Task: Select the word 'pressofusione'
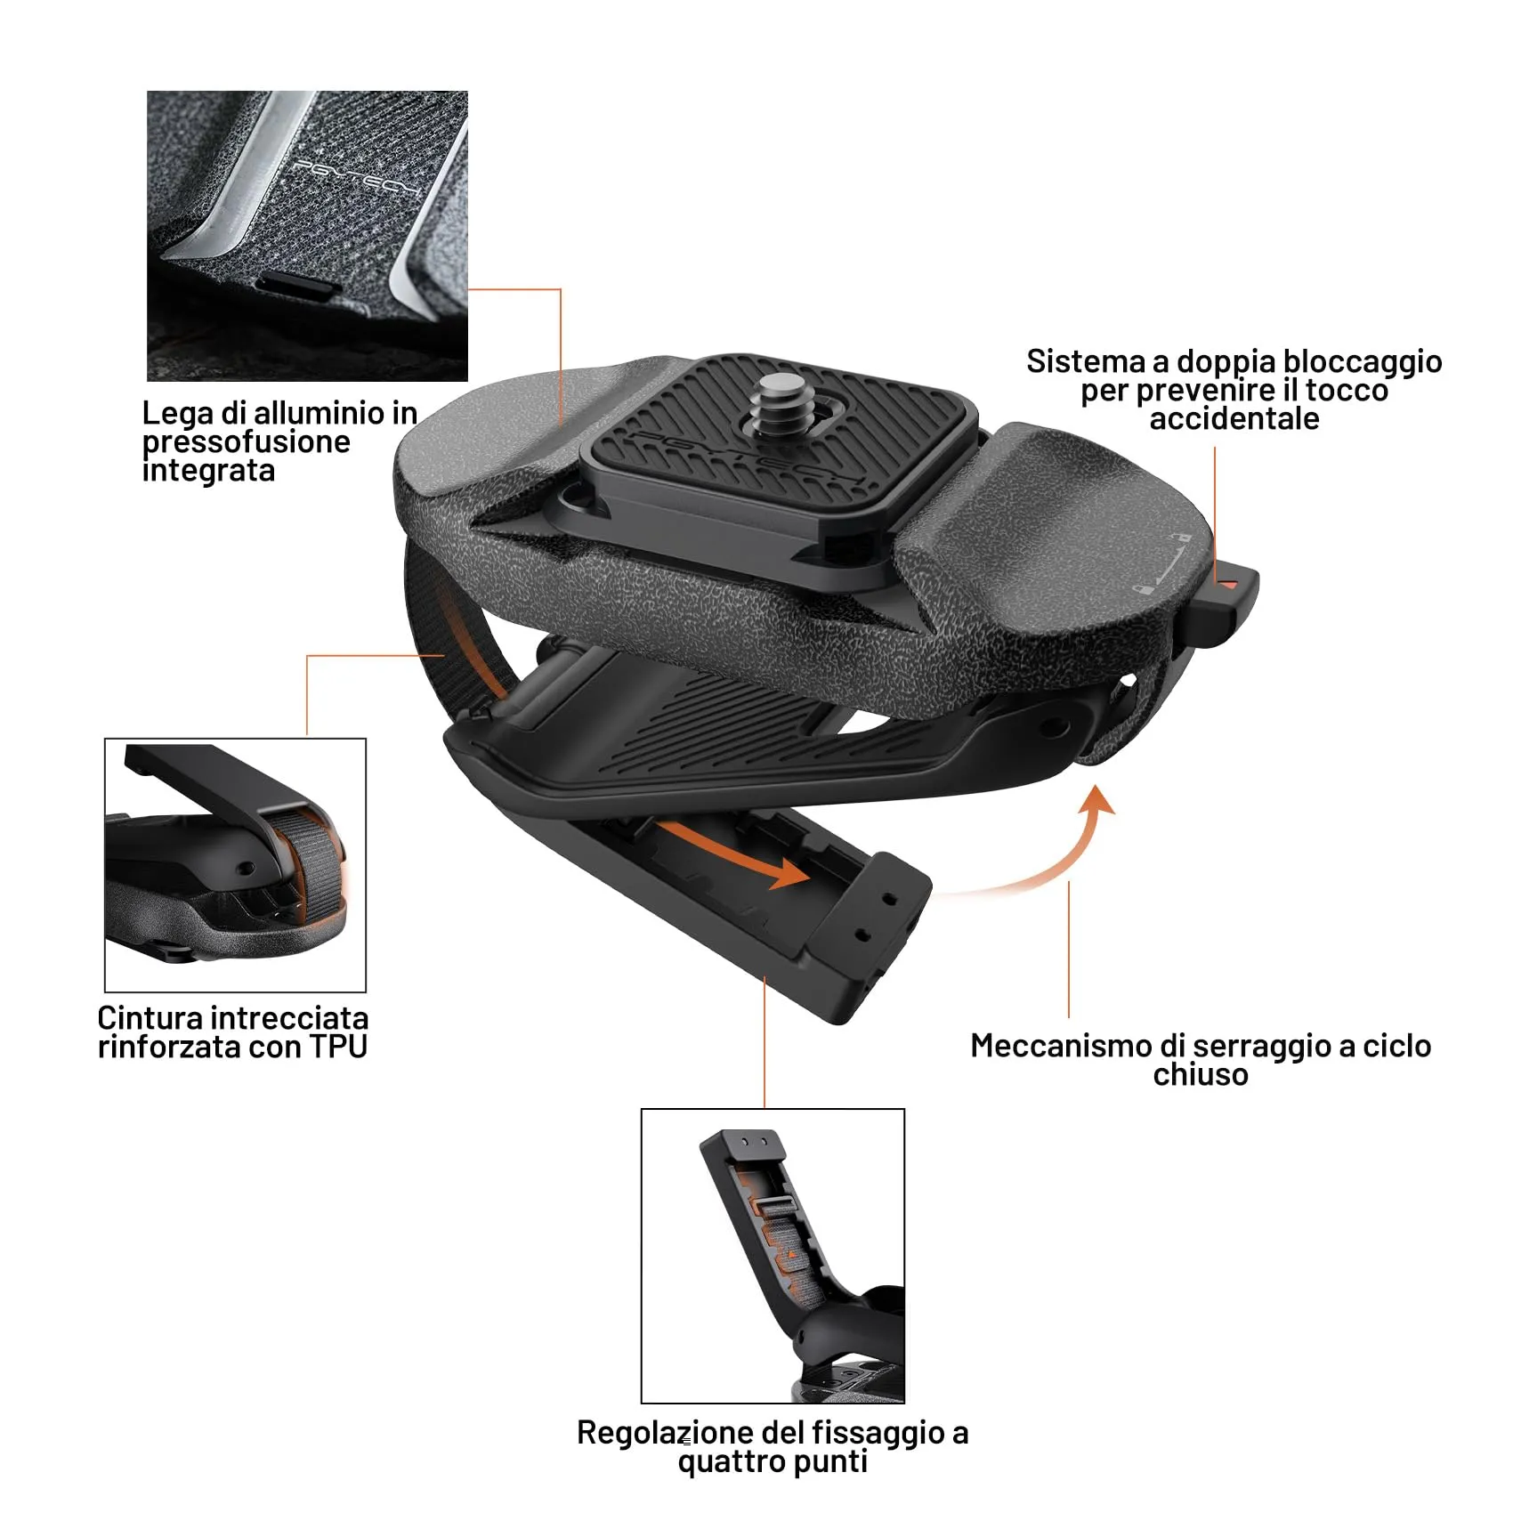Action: (246, 442)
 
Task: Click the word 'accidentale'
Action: (1234, 418)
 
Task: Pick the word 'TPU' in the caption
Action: (338, 1047)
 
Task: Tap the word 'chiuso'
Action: (1201, 1075)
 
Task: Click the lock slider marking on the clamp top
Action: (1161, 562)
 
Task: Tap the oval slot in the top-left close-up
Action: (296, 285)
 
